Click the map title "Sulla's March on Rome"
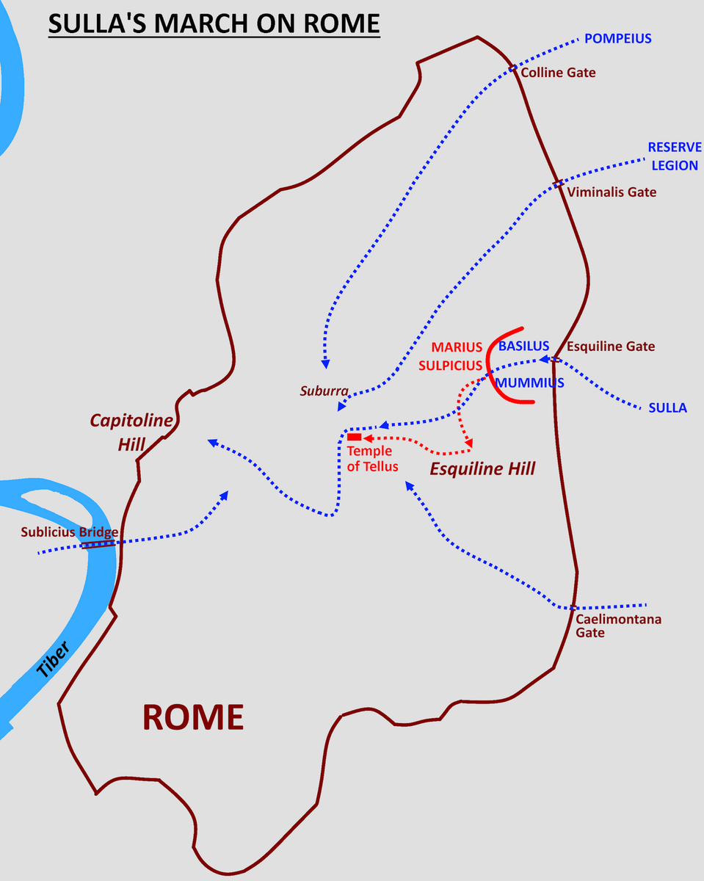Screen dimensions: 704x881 [x=214, y=23]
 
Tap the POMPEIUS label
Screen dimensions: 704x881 [x=617, y=38]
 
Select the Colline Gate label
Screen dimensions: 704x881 [x=558, y=73]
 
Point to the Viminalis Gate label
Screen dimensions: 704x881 [x=612, y=192]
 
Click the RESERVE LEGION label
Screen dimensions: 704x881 [x=675, y=156]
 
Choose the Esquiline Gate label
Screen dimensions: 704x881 [x=611, y=347]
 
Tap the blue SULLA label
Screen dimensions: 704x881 [x=667, y=407]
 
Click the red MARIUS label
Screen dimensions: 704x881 [x=457, y=347]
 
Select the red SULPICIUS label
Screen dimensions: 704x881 [x=450, y=365]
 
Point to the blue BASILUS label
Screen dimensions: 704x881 [x=523, y=346]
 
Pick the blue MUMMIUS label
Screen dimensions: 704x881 [x=529, y=383]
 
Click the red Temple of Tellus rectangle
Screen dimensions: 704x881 [x=354, y=438]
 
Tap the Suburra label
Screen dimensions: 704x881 [x=324, y=391]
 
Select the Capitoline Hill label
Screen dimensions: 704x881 [x=131, y=432]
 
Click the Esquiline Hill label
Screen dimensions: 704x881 [x=482, y=468]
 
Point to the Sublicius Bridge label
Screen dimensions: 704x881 [x=70, y=532]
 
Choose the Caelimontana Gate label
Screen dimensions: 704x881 [x=618, y=626]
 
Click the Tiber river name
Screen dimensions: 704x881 [x=53, y=659]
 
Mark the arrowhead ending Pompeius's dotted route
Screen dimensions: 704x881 [x=325, y=364]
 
